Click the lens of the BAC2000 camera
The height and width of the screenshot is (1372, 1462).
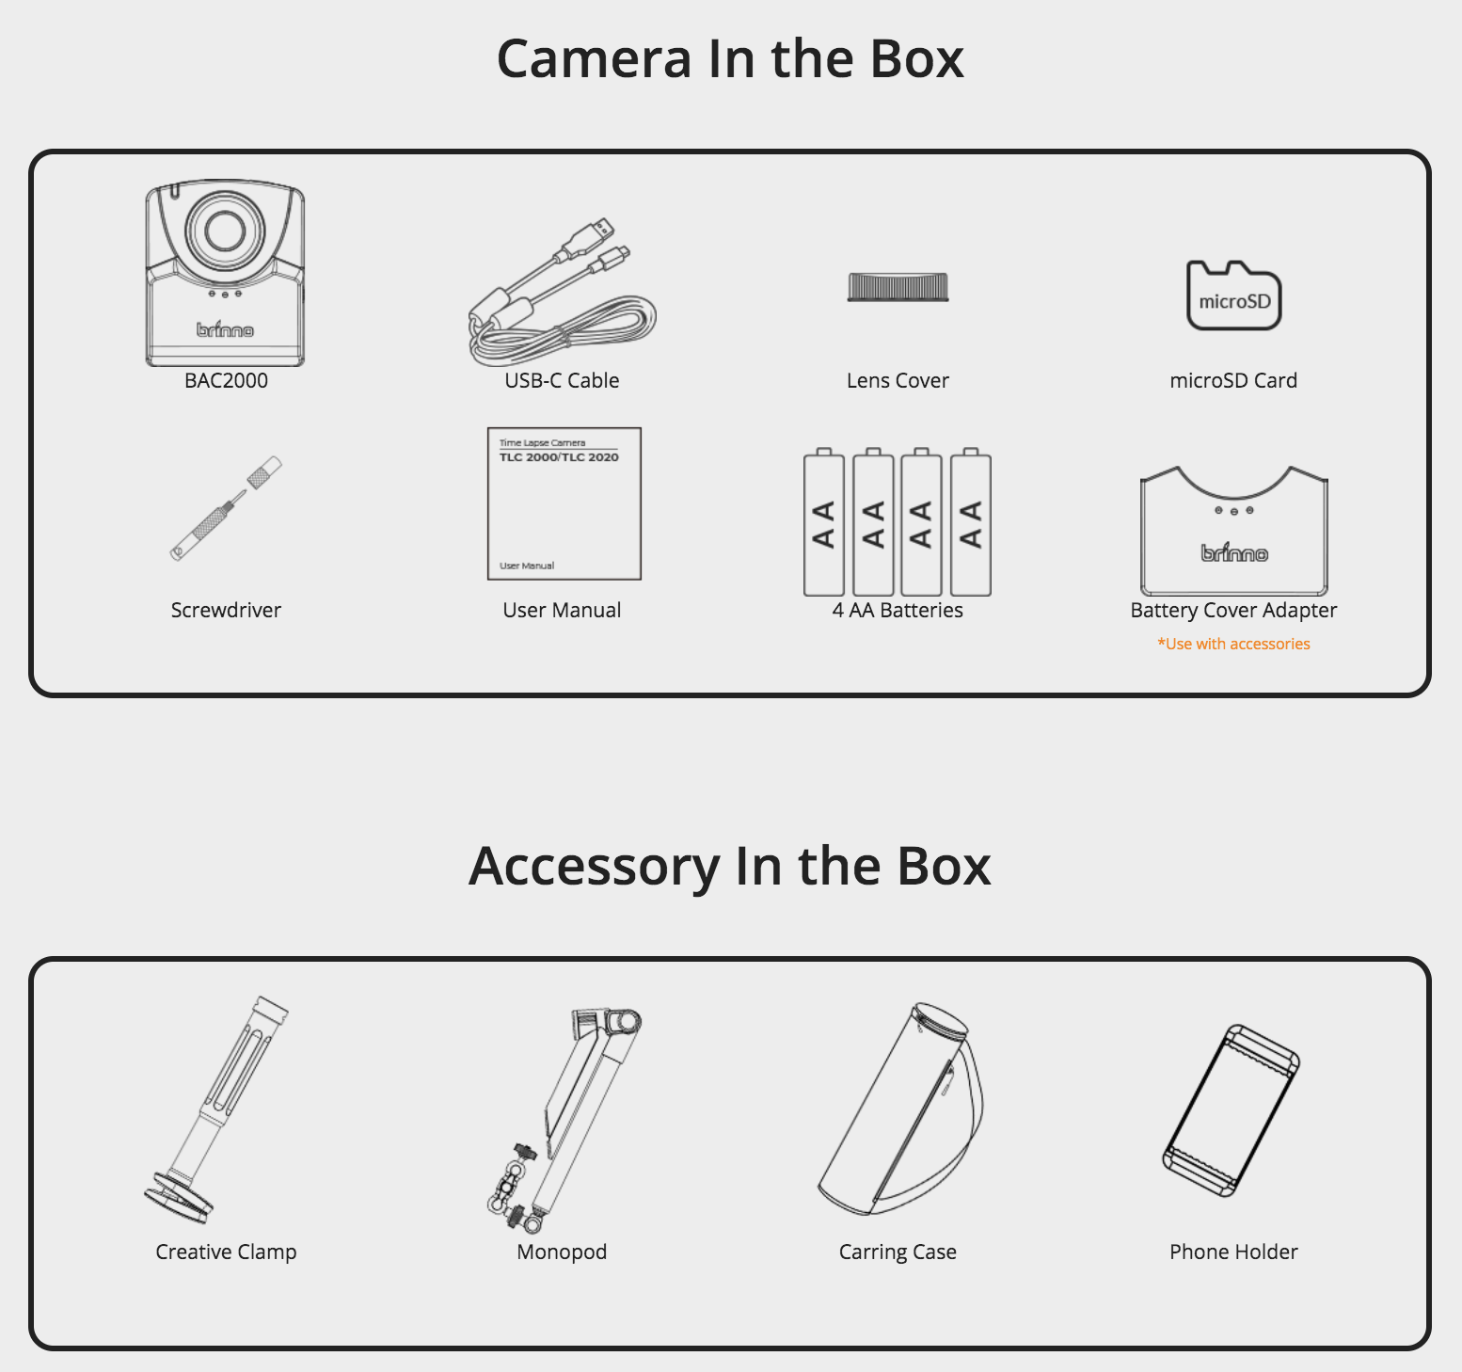pyautogui.click(x=225, y=229)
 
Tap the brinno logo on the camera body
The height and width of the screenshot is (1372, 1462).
pyautogui.click(x=225, y=328)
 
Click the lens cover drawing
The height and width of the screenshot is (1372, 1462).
pyautogui.click(x=898, y=286)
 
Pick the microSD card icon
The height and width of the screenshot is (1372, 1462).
pyautogui.click(x=1233, y=295)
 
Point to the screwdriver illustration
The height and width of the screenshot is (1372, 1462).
pyautogui.click(x=226, y=509)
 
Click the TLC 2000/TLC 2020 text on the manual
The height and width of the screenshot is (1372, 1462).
pyautogui.click(x=559, y=457)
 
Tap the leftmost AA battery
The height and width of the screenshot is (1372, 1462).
pyautogui.click(x=824, y=522)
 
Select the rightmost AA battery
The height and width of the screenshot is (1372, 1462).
pyautogui.click(x=971, y=522)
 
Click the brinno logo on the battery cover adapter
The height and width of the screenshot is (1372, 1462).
pyautogui.click(x=1234, y=553)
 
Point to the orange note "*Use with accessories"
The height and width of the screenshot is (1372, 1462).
pyautogui.click(x=1233, y=644)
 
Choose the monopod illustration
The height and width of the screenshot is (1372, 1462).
pyautogui.click(x=564, y=1120)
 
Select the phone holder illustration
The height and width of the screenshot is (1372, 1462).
pyautogui.click(x=1232, y=1110)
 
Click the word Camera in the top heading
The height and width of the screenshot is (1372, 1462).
pyautogui.click(x=594, y=58)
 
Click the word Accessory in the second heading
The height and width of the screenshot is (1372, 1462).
pyautogui.click(x=595, y=867)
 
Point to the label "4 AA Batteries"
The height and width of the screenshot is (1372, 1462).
pyautogui.click(x=898, y=610)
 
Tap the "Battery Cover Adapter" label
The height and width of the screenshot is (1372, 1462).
pyautogui.click(x=1233, y=611)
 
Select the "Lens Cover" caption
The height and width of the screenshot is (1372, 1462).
pyautogui.click(x=898, y=380)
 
